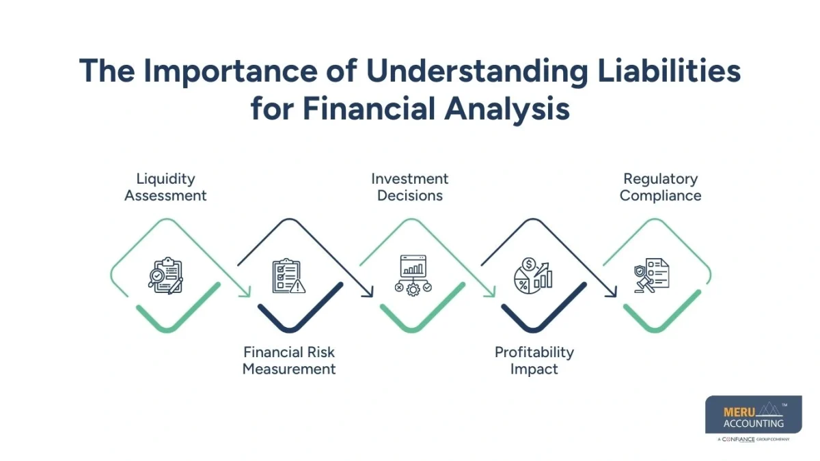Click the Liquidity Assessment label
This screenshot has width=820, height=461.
(x=165, y=187)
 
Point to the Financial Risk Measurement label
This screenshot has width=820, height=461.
(x=289, y=361)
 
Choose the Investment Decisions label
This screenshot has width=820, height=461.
(x=410, y=187)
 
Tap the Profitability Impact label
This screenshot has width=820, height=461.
(x=534, y=361)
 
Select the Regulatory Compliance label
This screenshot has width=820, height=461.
(x=660, y=187)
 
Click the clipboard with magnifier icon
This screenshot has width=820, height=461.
(x=166, y=275)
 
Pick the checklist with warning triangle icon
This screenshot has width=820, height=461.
(x=288, y=276)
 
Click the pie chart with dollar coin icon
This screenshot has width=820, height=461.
(x=533, y=275)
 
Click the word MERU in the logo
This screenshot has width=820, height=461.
(x=737, y=413)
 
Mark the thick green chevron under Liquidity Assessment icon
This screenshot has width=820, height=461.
(x=166, y=316)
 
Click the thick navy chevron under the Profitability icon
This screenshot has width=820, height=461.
(x=533, y=316)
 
